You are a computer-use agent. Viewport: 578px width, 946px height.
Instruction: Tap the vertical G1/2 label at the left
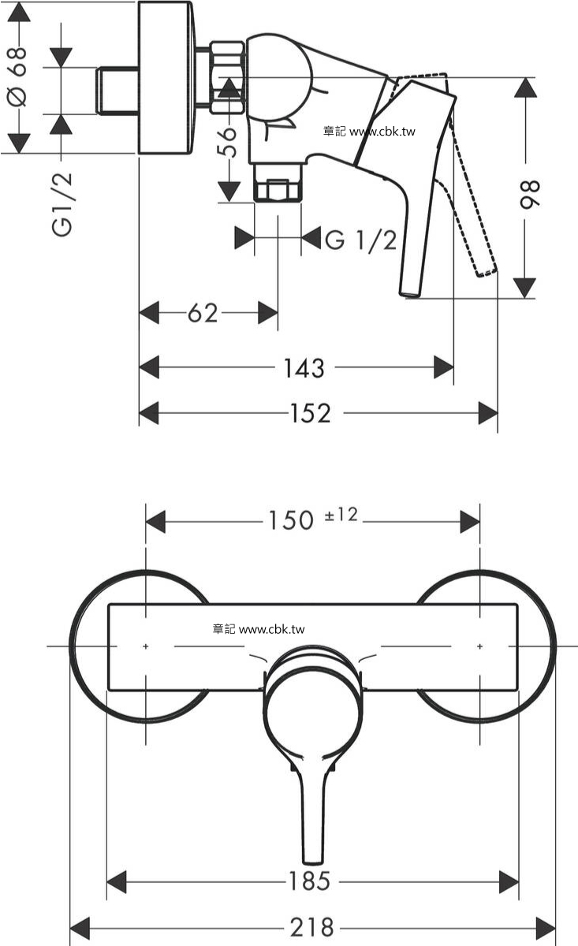coord(62,204)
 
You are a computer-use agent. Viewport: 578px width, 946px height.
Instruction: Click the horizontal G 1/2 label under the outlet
coord(361,240)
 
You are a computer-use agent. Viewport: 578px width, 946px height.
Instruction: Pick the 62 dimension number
coord(203,314)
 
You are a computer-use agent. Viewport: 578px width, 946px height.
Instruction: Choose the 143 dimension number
coord(304,368)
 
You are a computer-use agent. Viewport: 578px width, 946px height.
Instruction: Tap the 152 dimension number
coord(311,413)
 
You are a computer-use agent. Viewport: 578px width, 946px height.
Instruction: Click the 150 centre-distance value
coord(291,520)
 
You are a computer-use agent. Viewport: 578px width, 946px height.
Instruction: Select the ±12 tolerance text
coord(341,515)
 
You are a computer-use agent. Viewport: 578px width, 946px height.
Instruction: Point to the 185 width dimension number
coord(309,881)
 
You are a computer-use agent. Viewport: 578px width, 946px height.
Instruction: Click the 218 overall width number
coord(312,927)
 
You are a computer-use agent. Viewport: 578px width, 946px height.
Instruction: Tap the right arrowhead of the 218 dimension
coord(546,929)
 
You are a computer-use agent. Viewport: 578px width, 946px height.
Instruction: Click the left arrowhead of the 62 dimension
coord(149,313)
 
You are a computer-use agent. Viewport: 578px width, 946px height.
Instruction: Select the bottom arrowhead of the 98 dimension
coord(524,288)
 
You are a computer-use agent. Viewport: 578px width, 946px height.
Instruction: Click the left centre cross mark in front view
coord(146,646)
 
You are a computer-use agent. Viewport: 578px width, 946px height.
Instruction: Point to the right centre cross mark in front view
coord(480,646)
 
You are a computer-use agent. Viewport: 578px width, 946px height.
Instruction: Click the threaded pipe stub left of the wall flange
coord(117,91)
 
